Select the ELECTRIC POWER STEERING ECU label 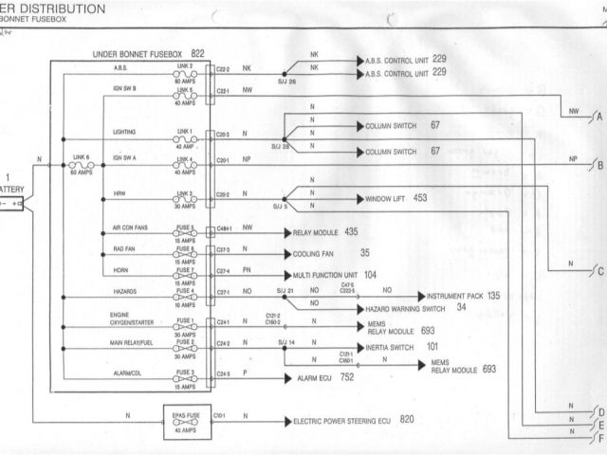coord(340,418)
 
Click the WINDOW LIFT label coord(383,199)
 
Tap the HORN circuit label coord(120,270)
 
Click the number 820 coord(408,418)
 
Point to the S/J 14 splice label coord(285,341)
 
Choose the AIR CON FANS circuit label coord(131,228)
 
